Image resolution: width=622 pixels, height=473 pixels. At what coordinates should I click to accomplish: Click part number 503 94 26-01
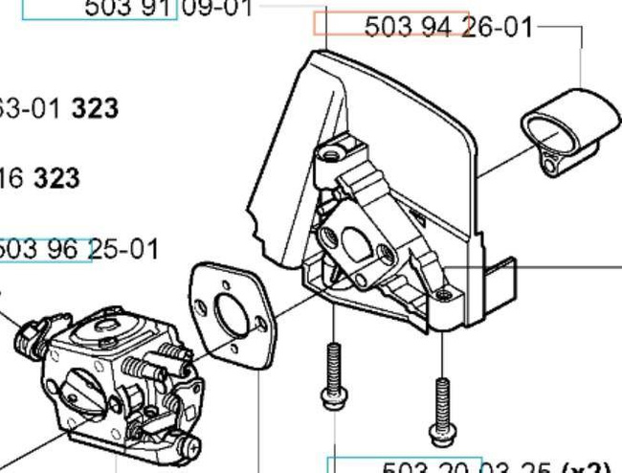point(449,27)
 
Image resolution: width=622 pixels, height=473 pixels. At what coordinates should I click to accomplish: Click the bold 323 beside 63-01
point(95,108)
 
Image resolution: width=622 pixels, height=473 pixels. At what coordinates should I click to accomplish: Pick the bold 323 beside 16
point(56,178)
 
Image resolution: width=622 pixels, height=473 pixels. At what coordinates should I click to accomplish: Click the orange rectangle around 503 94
point(391,25)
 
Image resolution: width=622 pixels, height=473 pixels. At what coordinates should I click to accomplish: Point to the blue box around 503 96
point(45,250)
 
